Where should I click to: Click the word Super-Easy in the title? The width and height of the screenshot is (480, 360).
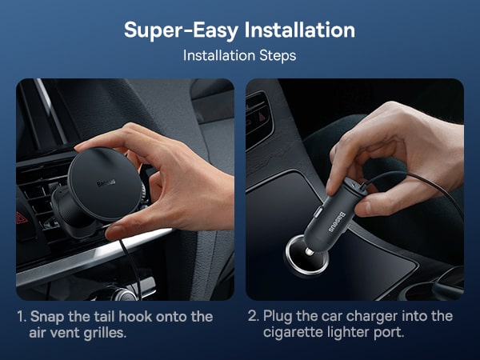coord(182,30)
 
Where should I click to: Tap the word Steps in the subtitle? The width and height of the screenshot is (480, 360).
coord(278,56)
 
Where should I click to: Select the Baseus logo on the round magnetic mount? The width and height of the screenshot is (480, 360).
coord(106,182)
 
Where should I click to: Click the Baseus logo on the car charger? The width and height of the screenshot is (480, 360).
coord(337,222)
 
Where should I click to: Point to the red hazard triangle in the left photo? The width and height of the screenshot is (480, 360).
coord(22,218)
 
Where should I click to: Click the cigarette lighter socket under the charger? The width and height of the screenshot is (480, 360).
coord(306,255)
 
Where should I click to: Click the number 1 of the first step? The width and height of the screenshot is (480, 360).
coord(21,317)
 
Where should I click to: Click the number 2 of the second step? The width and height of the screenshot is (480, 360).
coord(254,316)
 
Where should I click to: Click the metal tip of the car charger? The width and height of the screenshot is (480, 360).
coord(309,252)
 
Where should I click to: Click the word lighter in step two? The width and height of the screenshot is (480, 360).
coord(348,333)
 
